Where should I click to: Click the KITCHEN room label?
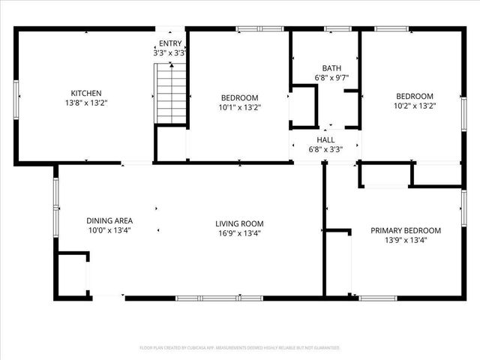(80, 93)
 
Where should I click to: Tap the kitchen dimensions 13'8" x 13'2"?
(80, 103)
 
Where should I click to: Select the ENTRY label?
(169, 43)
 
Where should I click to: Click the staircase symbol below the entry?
(171, 93)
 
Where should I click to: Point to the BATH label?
(331, 67)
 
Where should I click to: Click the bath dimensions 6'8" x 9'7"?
(331, 77)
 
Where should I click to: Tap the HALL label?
(325, 139)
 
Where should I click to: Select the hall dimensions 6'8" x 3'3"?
(325, 149)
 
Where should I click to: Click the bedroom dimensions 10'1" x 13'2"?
(239, 108)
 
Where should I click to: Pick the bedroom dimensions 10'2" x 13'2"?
(415, 106)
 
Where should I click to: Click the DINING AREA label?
(109, 220)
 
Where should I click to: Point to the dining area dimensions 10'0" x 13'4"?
(109, 231)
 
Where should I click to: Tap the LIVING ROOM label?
(239, 223)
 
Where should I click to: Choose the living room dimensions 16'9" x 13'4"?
(239, 233)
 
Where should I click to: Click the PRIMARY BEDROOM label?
(406, 230)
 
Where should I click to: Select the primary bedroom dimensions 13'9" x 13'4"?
(406, 240)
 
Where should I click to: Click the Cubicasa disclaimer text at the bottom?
(240, 348)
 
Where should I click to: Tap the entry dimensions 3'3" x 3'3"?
(169, 53)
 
